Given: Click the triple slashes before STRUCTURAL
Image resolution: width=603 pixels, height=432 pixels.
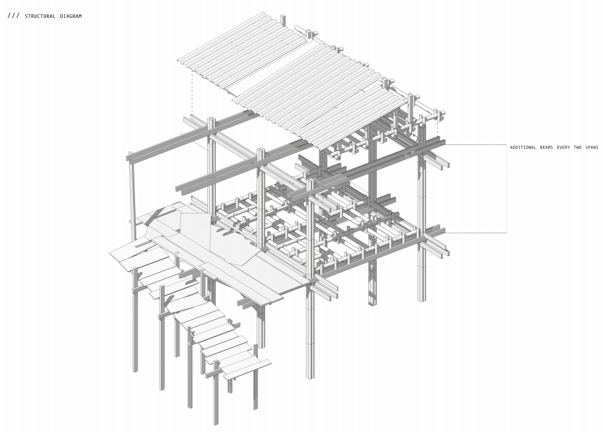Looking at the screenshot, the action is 13,15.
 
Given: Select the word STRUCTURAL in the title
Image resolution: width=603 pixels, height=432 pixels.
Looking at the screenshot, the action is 40,16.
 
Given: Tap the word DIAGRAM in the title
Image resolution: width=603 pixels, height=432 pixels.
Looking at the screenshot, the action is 71,16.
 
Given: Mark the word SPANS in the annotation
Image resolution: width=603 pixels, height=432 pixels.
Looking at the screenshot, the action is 594,147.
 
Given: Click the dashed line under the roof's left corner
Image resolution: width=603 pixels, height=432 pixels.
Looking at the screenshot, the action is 192,93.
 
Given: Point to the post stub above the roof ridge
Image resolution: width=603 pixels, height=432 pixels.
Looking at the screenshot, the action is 283,20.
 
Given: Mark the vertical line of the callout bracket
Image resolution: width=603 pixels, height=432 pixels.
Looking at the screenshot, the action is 507,188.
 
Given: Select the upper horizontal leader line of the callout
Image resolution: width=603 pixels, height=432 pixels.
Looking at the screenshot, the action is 475,145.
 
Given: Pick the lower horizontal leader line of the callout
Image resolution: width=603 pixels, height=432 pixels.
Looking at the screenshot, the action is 475,233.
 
